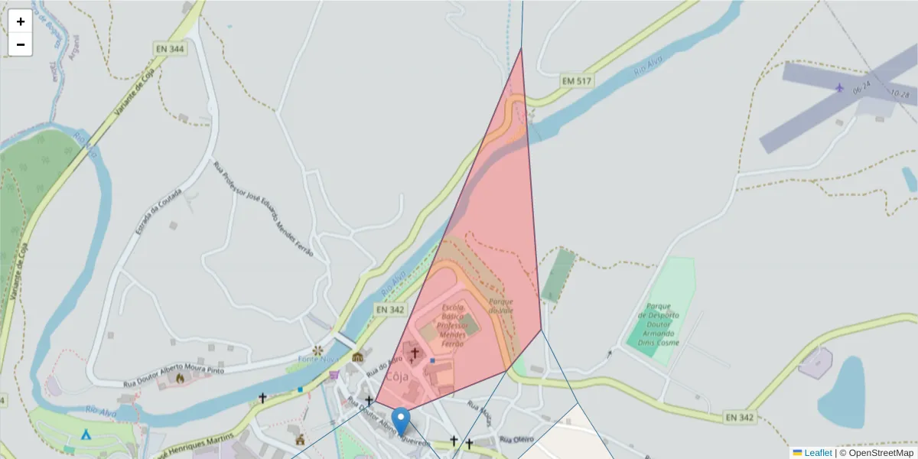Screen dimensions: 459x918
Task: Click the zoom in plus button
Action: point(21,21)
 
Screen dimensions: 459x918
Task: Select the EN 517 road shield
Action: point(578,80)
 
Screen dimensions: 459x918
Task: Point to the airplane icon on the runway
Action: point(841,86)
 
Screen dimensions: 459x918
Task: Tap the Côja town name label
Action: point(396,376)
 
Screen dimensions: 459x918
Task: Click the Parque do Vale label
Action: point(501,306)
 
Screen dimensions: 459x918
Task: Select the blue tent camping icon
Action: point(86,434)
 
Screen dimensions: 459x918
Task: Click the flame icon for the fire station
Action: point(180,377)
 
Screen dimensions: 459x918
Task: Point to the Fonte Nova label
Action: point(317,358)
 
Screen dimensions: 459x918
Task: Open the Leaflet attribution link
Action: point(818,453)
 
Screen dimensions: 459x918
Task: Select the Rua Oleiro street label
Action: point(516,439)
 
